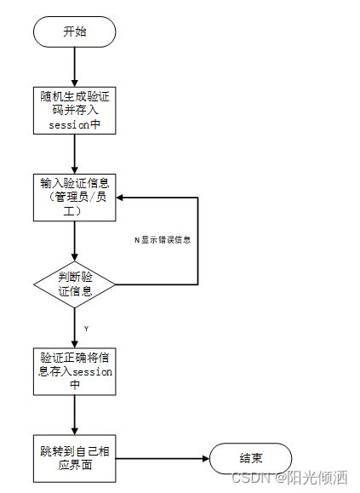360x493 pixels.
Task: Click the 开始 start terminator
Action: pos(75,32)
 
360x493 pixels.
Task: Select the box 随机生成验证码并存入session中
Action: pos(75,108)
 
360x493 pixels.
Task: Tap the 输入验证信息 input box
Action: pos(75,197)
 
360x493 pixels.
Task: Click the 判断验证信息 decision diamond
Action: pos(75,284)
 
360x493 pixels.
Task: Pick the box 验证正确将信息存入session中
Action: pos(75,370)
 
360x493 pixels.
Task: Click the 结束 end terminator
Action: pos(251,458)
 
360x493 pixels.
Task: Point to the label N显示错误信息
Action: pos(162,239)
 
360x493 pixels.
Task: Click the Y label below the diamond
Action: pos(86,328)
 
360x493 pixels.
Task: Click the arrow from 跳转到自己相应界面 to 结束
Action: pos(162,458)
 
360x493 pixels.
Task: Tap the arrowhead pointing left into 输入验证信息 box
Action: pos(122,198)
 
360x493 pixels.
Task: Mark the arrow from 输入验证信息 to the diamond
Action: pos(75,240)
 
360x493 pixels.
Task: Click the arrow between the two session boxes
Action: pos(75,153)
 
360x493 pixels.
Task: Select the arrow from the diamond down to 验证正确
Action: pos(75,327)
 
